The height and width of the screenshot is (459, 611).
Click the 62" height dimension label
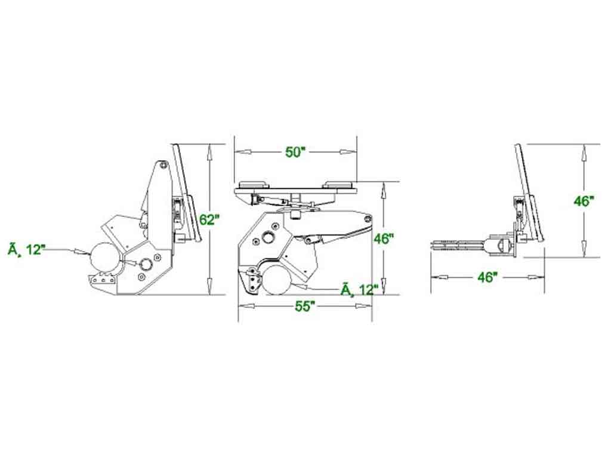pyautogui.click(x=209, y=219)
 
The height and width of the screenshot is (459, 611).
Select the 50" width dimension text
pyautogui.click(x=295, y=152)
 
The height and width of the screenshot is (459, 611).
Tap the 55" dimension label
pyautogui.click(x=304, y=306)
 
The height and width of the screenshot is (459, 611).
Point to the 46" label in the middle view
pyautogui.click(x=383, y=238)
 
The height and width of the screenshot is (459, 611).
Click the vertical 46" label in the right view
pyautogui.click(x=584, y=201)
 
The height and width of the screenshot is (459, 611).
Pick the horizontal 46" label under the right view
pyautogui.click(x=487, y=277)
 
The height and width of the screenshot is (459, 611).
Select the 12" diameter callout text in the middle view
pyautogui.click(x=359, y=290)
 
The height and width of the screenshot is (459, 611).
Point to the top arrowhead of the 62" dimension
pyautogui.click(x=208, y=151)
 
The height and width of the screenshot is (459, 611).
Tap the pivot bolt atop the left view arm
pyautogui.click(x=162, y=166)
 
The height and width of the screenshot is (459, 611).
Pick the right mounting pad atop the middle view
pyautogui.click(x=339, y=185)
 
